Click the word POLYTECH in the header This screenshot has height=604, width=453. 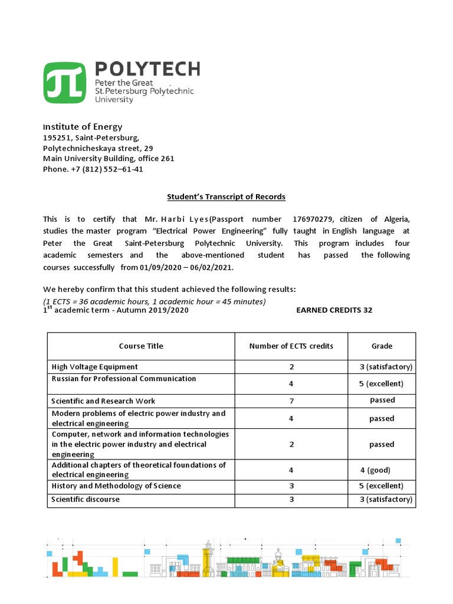click(147, 69)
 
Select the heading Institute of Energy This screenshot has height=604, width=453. click(83, 126)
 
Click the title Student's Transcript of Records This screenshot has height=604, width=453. click(226, 196)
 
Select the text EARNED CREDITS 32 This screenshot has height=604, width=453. click(334, 310)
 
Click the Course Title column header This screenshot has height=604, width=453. click(141, 346)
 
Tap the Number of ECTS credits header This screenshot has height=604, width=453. click(291, 346)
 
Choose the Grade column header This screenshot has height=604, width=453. click(382, 346)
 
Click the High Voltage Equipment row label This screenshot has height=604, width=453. click(95, 367)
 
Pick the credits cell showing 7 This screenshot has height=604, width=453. click(291, 401)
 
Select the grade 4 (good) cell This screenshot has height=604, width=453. click(375, 470)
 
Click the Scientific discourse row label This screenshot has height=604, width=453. click(86, 500)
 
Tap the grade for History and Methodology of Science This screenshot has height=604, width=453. click(382, 486)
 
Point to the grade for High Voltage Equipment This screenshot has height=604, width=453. click(386, 367)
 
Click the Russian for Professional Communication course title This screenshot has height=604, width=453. click(124, 379)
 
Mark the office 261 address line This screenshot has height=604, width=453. click(109, 159)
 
